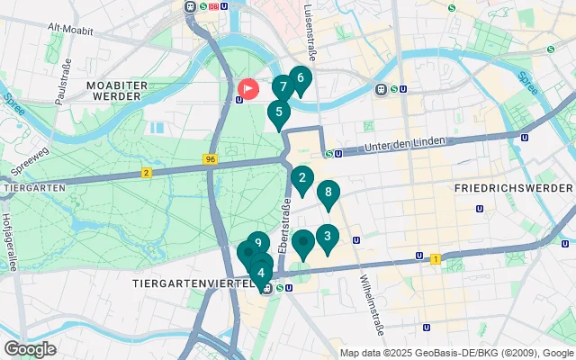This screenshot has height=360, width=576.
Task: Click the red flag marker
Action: (248, 90)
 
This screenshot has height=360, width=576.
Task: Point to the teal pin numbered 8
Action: (328, 193)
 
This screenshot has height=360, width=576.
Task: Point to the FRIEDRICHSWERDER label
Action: (513, 188)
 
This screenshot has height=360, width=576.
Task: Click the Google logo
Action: (30, 348)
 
